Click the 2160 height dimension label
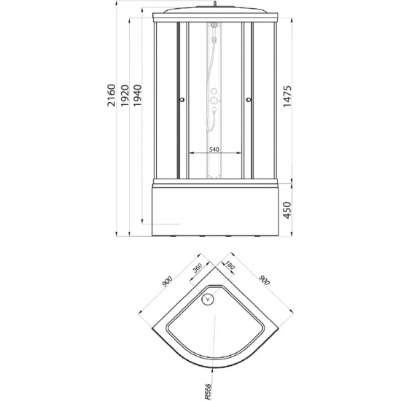[112, 95]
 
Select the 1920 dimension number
[125, 96]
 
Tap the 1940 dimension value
[137, 96]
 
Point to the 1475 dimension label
[287, 96]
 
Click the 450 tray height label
[287, 210]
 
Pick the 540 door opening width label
[214, 149]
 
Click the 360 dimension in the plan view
[198, 268]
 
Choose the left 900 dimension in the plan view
[167, 281]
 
